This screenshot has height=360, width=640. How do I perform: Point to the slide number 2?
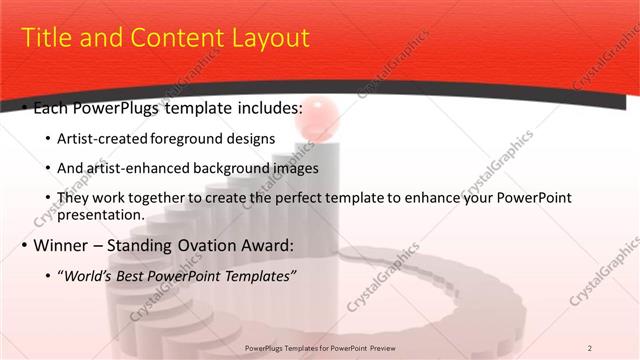click(x=589, y=348)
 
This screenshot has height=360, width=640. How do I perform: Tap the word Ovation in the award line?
click(x=215, y=244)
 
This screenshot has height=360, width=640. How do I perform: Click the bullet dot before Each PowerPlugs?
click(x=25, y=108)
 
